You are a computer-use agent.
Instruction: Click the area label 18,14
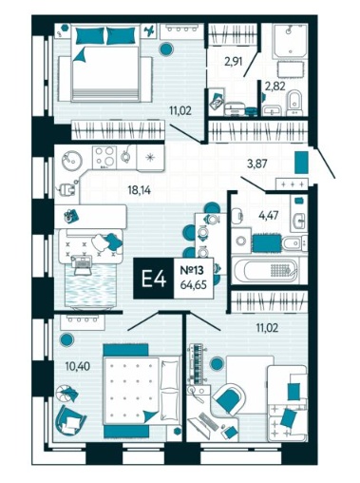139,190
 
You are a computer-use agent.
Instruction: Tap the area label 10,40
78,366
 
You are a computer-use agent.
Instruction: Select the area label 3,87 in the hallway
257,164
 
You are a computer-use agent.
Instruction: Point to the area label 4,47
269,216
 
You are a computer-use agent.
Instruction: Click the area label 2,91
234,61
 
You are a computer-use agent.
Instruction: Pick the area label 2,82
275,86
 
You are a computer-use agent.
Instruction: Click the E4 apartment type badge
154,279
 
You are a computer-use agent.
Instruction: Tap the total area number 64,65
194,285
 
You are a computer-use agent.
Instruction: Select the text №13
192,271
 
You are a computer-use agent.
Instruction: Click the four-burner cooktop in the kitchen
104,157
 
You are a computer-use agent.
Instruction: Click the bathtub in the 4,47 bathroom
265,270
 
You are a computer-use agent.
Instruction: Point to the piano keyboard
198,363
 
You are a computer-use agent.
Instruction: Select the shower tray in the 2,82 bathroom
291,41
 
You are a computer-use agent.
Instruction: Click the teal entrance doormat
301,163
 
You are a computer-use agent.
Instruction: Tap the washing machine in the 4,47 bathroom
241,241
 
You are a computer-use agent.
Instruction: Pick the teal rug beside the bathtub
268,243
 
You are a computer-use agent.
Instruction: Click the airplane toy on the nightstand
149,30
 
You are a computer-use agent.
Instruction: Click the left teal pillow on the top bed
90,35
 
